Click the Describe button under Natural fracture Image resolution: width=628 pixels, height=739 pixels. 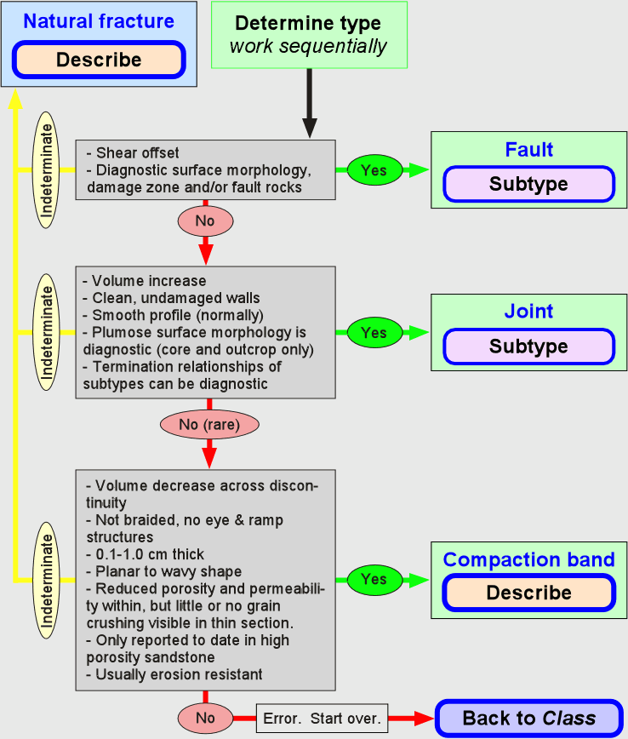coord(99,60)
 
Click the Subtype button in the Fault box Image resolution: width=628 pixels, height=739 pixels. coord(528,184)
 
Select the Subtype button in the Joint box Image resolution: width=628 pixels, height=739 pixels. coord(528,347)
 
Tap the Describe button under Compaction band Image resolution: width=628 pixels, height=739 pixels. coord(528,593)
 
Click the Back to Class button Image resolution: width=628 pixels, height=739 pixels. coord(529,719)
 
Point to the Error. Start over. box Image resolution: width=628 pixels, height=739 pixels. coord(323,719)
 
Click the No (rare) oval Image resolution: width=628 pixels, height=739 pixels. coord(209,425)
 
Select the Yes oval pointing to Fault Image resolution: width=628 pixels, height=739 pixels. coord(375,169)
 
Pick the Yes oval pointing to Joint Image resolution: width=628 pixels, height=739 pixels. coord(375,332)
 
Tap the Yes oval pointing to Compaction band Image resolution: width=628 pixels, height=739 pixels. coord(375,579)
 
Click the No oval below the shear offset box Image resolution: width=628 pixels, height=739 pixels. coord(205,221)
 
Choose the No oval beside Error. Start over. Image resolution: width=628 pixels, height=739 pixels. coord(205,718)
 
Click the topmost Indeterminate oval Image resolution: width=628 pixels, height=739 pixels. coord(46,170)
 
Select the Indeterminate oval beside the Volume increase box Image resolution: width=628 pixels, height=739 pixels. coord(46,332)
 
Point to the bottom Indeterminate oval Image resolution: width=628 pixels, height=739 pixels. coord(46,580)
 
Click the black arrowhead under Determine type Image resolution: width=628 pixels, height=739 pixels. coord(310,128)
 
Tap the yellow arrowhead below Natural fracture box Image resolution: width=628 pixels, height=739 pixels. coord(15,98)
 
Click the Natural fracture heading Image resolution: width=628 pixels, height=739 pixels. coord(99,21)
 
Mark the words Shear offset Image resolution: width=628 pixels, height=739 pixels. coord(138,152)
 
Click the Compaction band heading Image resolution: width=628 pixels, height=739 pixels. coord(528,559)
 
